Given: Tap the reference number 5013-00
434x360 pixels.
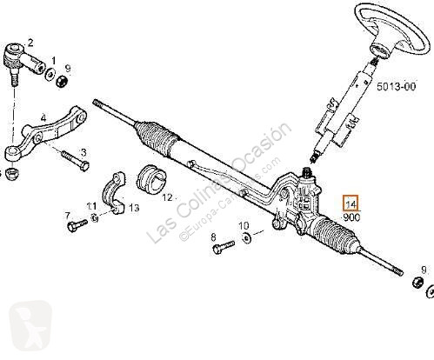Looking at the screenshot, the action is [396, 86].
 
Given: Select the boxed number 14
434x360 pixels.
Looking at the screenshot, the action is [351, 203].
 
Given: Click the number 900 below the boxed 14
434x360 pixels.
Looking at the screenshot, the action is [351, 217].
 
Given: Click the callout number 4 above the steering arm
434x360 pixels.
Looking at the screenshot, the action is [43, 118].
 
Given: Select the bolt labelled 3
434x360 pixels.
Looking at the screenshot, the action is [75, 160].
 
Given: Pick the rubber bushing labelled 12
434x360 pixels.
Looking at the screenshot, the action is [150, 180].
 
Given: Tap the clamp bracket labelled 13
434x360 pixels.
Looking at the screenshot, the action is [114, 194].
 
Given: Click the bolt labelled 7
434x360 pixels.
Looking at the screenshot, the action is [77, 225].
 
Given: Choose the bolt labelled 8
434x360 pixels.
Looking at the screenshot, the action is [223, 247].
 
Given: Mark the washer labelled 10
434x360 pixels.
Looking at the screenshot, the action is [247, 237].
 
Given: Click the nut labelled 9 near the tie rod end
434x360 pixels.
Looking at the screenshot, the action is [62, 81].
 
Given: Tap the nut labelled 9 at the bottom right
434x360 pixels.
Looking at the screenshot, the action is [417, 283].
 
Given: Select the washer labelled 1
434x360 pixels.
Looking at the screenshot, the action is [50, 74].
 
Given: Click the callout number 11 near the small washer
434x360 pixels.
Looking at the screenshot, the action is [91, 207].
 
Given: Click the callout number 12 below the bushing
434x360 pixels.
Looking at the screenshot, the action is [167, 198].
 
